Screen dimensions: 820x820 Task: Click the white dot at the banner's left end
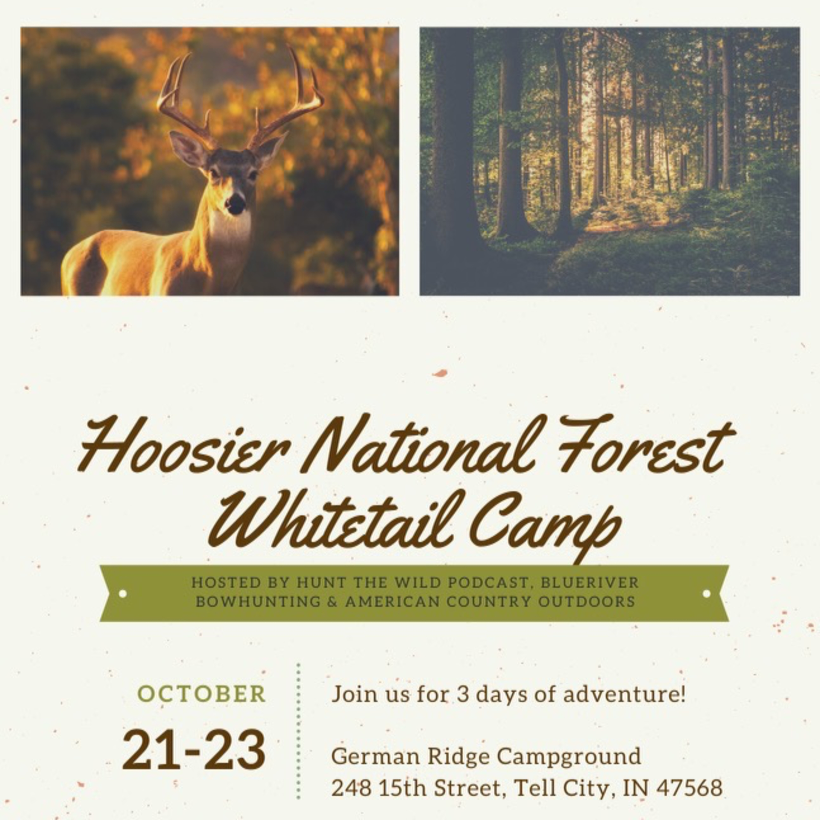click(123, 593)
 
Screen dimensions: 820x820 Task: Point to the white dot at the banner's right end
click(707, 593)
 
